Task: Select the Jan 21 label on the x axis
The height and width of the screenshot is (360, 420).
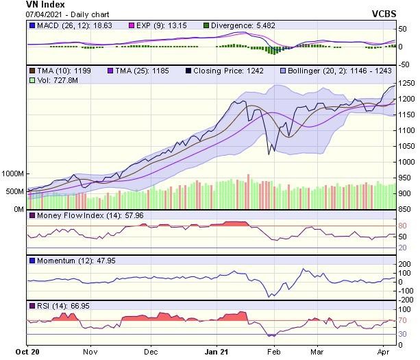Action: (217, 352)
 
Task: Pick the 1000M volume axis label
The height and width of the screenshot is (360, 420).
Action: (12, 174)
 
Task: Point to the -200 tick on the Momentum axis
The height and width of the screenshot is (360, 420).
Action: (406, 300)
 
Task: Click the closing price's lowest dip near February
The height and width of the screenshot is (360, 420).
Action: (269, 154)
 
